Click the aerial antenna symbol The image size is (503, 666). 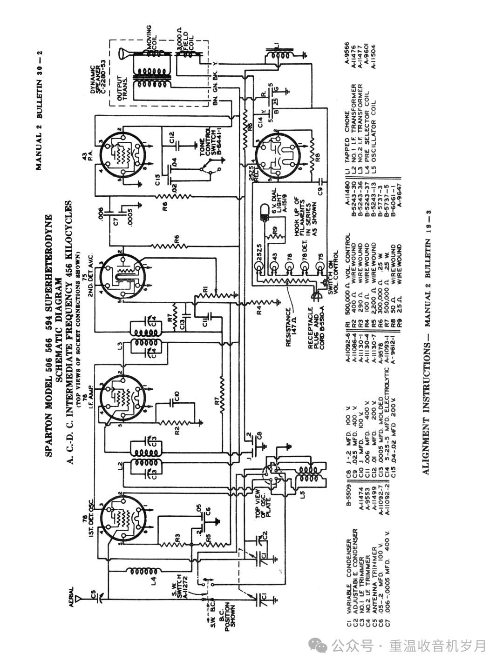click(81, 599)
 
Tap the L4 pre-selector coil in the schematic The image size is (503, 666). click(145, 571)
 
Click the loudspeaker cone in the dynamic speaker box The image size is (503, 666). click(124, 55)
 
